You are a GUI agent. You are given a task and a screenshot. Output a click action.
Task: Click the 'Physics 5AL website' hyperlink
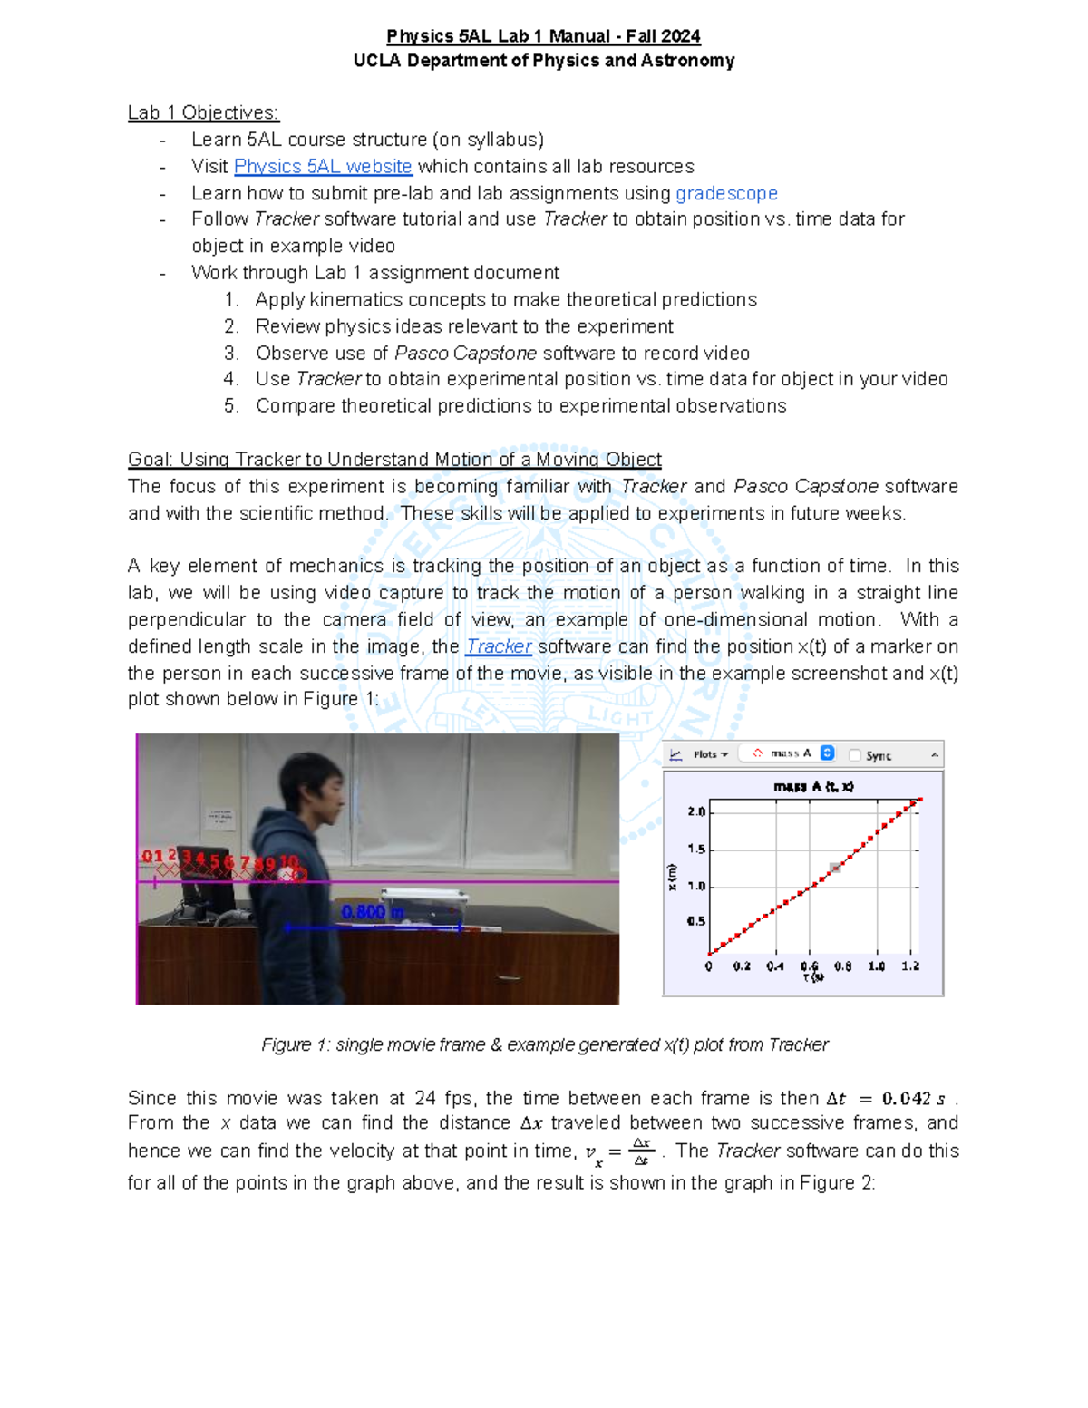coord(323,167)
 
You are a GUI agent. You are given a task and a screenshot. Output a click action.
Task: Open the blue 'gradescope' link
coord(726,194)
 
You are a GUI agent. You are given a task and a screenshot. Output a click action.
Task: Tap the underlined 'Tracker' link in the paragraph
coord(498,646)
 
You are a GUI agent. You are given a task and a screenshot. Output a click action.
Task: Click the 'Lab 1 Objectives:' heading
coord(203,113)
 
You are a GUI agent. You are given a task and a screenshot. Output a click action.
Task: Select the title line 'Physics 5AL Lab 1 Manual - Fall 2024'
coord(543,36)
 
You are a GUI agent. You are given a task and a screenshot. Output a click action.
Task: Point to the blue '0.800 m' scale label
coord(372,912)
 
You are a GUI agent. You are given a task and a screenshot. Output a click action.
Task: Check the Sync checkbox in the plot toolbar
coord(854,755)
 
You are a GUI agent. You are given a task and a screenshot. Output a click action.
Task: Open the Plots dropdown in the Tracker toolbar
coord(710,754)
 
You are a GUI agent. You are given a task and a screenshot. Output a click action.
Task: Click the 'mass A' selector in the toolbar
coord(788,753)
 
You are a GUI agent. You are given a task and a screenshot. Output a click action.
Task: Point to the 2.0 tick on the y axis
coord(696,811)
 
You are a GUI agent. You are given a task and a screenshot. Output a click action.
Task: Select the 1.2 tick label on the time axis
coord(910,966)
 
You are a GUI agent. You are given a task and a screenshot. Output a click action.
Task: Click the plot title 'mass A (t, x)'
coord(813,786)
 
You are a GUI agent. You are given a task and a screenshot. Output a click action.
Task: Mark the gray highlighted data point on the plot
coord(835,868)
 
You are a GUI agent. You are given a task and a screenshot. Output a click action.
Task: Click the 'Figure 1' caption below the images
coord(544,1044)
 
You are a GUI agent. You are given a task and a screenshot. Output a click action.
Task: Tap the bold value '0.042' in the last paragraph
coord(906,1099)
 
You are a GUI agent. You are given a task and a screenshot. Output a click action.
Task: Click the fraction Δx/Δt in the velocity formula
coord(641,1151)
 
